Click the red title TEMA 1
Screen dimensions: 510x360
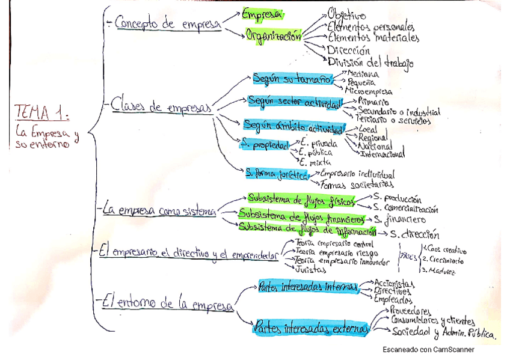[x=41, y=112]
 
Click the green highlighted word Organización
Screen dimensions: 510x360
[x=273, y=35]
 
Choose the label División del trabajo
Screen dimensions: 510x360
[x=370, y=62]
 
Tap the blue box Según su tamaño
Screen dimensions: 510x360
[x=292, y=79]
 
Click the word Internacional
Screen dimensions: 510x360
[x=382, y=154]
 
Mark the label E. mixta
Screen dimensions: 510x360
[x=312, y=162]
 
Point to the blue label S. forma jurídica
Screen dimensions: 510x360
[x=276, y=173]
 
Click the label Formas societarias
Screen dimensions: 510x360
[x=357, y=184]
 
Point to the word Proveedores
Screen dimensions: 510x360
[x=410, y=311]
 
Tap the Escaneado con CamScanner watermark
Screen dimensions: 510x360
[x=428, y=349]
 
